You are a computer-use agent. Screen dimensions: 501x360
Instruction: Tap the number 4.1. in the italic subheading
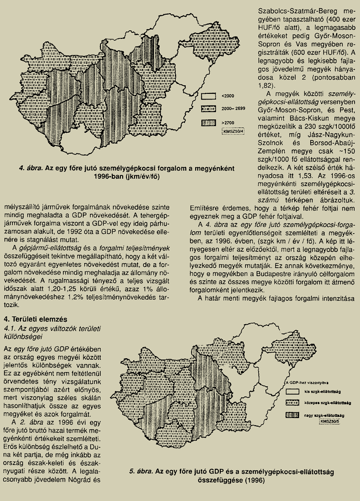tap(9, 328)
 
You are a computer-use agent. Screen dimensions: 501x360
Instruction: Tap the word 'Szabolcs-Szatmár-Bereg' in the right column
tap(285, 9)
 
